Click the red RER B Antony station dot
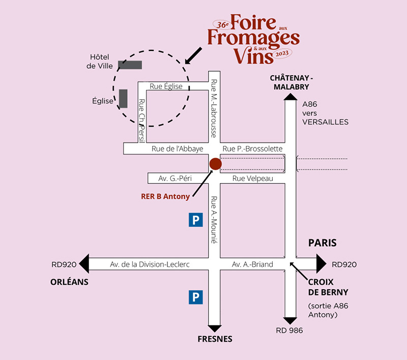click(x=216, y=164)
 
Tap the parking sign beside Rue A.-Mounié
click(x=196, y=220)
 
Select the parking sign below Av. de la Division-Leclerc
click(x=196, y=297)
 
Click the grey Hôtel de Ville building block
click(x=130, y=65)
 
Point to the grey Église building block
click(x=123, y=99)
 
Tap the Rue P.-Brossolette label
click(x=252, y=148)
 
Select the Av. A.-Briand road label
click(x=252, y=264)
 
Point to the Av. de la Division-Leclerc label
click(x=150, y=264)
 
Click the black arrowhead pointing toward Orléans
click(x=85, y=263)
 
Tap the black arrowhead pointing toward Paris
click(x=322, y=263)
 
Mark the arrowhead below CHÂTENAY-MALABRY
click(x=289, y=97)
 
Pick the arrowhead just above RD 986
click(x=290, y=321)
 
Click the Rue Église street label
click(x=166, y=86)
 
